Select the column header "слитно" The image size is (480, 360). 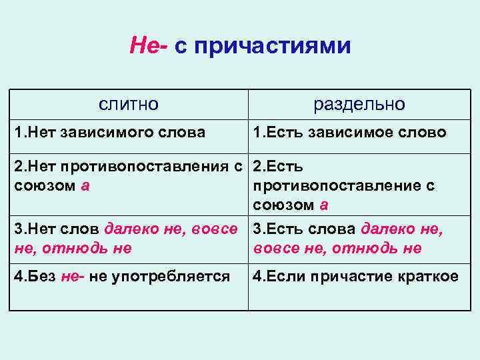(129, 104)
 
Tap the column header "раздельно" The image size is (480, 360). (359, 104)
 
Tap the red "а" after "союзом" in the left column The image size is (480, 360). (85, 185)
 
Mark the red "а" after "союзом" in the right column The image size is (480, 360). (323, 205)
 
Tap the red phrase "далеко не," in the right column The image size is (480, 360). (401, 229)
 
